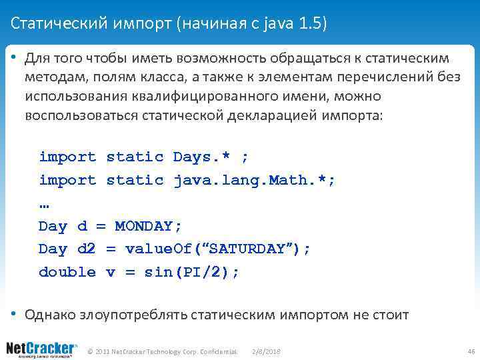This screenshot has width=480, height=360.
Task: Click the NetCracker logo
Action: tap(41, 349)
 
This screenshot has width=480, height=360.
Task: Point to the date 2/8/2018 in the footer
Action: tap(266, 351)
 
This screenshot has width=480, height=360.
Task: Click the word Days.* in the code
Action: tap(201, 157)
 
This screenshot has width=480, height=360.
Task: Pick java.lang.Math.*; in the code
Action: tap(254, 180)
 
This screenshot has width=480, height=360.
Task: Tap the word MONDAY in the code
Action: tap(148, 226)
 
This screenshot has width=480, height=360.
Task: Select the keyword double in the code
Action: tap(67, 272)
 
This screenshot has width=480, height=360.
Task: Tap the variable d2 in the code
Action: tap(87, 249)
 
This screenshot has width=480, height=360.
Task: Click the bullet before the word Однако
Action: tap(14, 313)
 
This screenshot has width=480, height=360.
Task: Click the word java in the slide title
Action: tap(276, 25)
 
